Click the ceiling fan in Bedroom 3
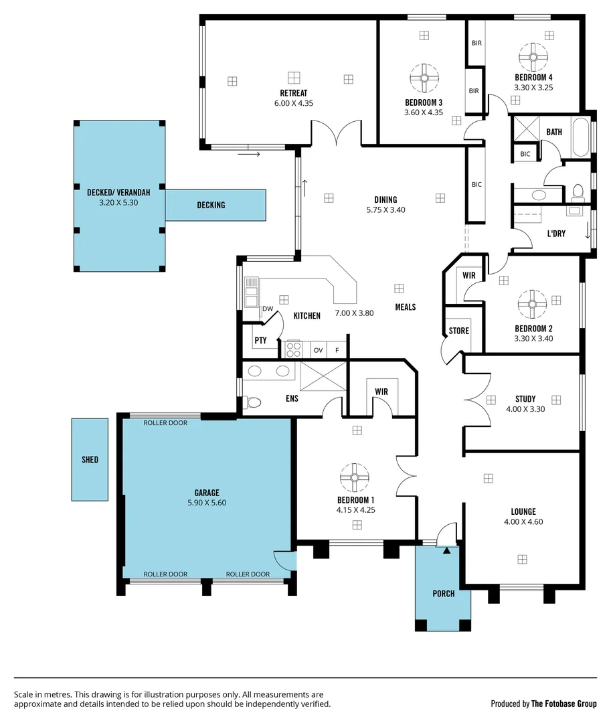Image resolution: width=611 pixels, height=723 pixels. click(x=424, y=78)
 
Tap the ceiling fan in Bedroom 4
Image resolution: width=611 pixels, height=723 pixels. click(x=533, y=57)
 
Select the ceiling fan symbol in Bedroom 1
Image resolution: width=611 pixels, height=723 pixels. click(x=354, y=477)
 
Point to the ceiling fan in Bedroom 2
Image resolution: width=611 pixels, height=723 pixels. click(x=533, y=304)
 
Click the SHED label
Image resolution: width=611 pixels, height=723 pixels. click(x=90, y=460)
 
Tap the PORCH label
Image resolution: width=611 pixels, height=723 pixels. click(x=443, y=594)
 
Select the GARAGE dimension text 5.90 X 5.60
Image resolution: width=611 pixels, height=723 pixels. click(x=207, y=503)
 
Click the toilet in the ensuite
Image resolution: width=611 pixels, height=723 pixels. click(x=253, y=402)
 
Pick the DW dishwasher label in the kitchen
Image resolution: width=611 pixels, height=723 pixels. click(x=268, y=309)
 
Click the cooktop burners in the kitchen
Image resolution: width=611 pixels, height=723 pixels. click(x=294, y=349)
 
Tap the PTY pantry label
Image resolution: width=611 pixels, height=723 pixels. click(x=260, y=341)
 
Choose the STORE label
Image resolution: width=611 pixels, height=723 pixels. click(x=458, y=331)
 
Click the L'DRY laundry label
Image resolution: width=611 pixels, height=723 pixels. click(x=557, y=234)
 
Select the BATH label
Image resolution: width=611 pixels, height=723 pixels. click(x=554, y=133)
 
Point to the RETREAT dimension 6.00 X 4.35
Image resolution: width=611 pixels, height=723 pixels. click(x=294, y=103)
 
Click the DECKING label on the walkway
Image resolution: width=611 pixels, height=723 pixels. click(x=211, y=205)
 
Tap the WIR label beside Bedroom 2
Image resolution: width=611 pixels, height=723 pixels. click(x=468, y=275)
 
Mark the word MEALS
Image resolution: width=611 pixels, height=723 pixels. click(x=405, y=307)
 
